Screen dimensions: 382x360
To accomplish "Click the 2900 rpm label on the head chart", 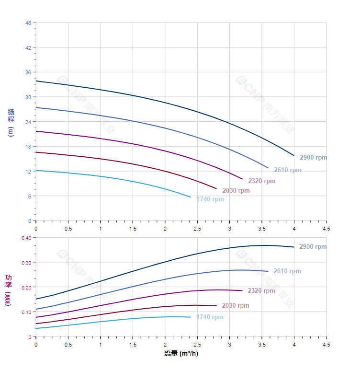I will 313,158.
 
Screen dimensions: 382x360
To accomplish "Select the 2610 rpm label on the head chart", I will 288,170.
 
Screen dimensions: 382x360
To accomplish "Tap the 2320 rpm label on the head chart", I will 262,181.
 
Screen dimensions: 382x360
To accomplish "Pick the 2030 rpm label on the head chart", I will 236,191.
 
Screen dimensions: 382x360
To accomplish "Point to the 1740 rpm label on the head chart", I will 210,199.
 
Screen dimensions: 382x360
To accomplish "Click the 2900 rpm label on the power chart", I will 313,247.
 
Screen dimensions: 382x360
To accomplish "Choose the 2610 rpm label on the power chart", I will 287,271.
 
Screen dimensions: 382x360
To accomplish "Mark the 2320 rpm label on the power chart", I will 261,291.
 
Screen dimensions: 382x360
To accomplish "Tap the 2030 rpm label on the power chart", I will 236,306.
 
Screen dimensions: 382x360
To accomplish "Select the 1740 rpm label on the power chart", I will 210,317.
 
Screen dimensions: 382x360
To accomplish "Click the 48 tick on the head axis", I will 28,23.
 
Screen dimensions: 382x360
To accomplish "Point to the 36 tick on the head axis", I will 28,72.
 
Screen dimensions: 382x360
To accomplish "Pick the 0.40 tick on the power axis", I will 26,238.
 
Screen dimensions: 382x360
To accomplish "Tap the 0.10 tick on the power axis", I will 26,312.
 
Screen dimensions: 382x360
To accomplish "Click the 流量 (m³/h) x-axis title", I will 181,354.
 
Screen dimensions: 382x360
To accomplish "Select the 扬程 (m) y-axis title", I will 11,123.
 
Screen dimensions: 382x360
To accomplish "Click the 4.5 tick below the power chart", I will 326,344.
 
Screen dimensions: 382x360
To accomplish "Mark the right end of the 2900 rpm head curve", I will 294,155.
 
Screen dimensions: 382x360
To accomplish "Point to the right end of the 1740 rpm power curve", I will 191,317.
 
